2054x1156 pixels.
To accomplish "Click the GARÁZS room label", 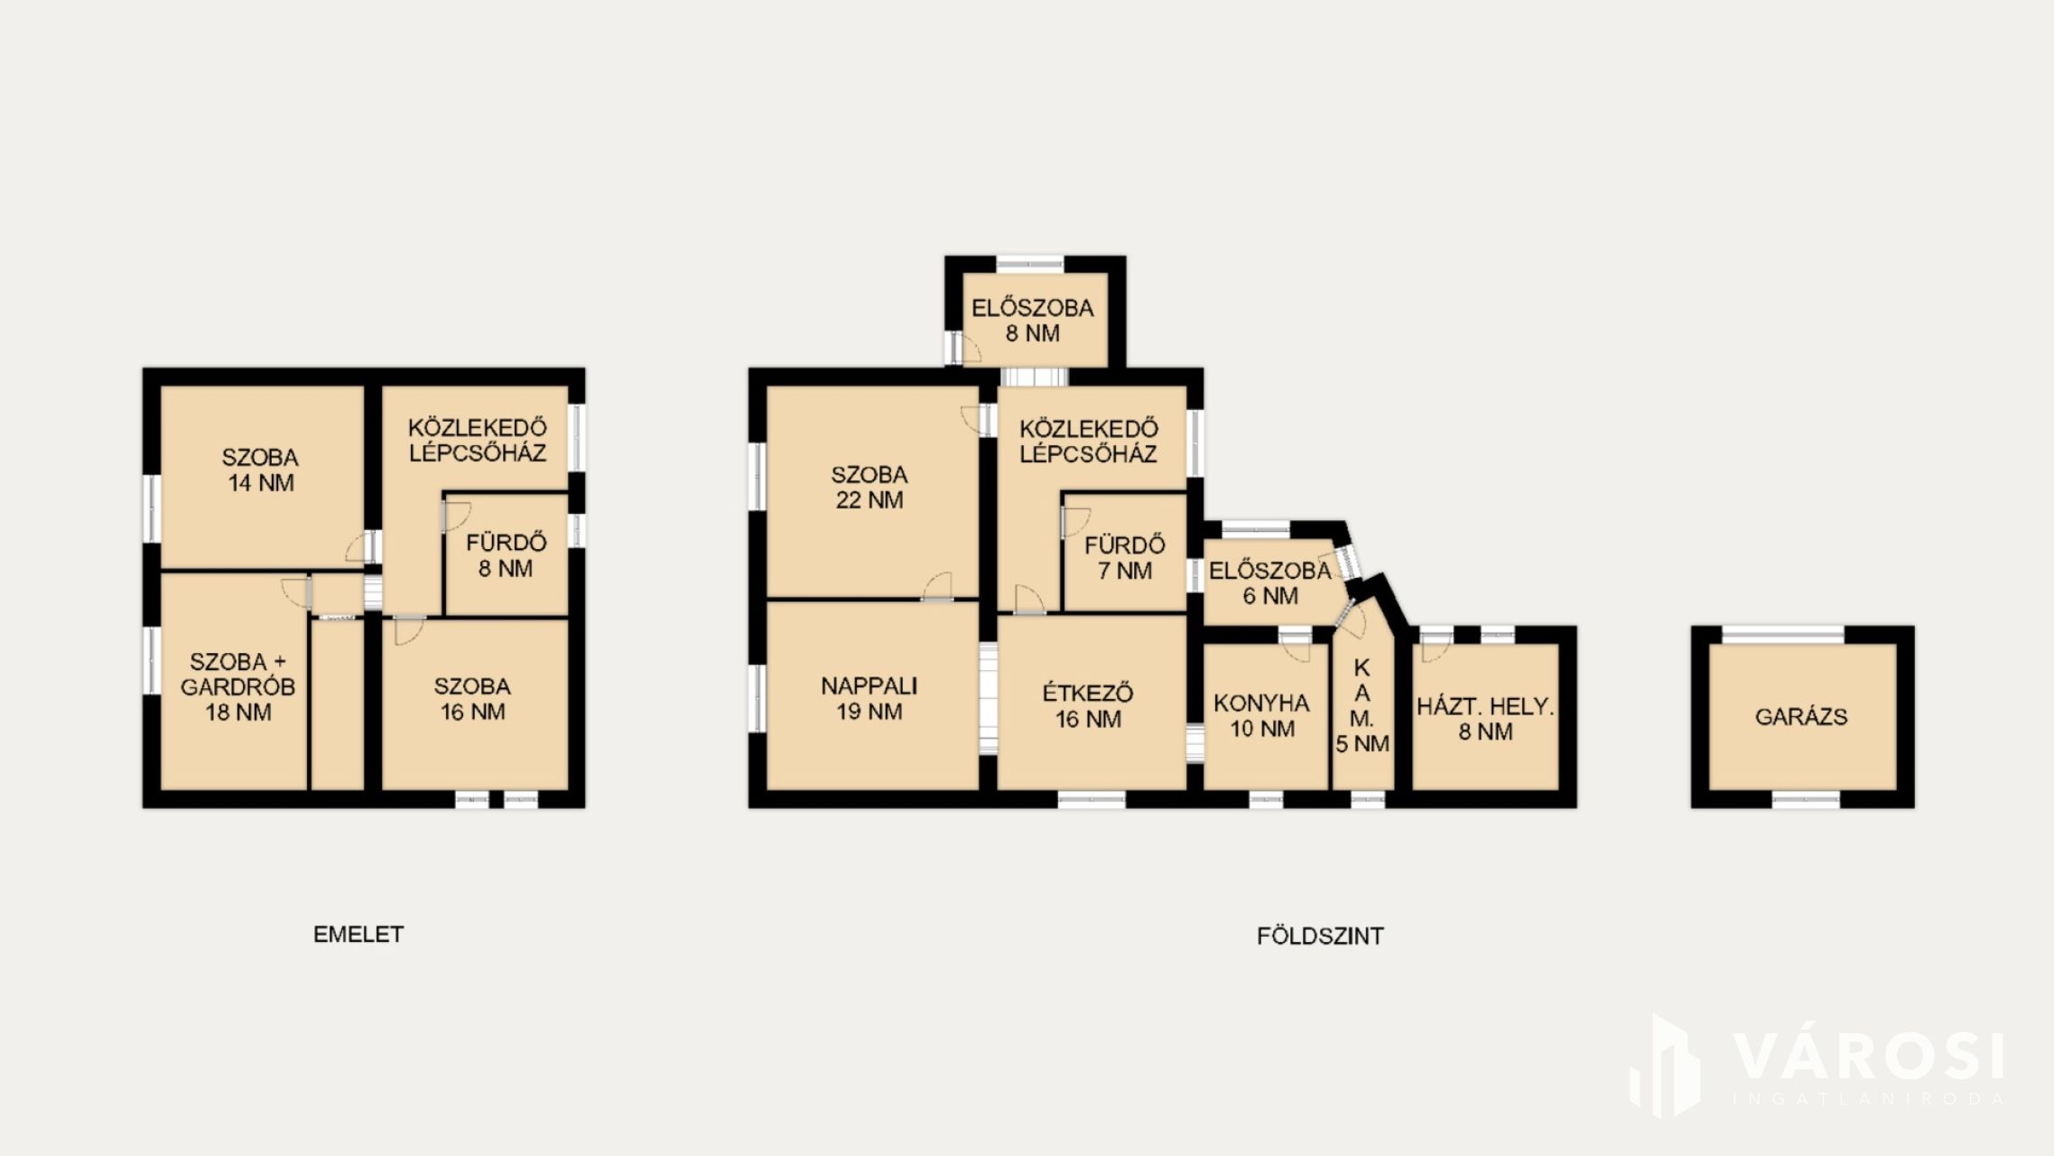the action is [x=1801, y=717].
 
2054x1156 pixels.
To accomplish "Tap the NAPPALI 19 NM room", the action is [x=872, y=695].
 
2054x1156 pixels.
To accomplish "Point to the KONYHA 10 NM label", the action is [x=1262, y=716].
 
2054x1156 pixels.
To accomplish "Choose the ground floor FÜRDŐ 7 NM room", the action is [x=1125, y=554].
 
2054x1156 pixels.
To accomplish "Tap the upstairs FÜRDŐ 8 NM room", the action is [x=507, y=555].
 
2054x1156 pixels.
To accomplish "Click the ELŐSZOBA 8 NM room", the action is [x=1035, y=319].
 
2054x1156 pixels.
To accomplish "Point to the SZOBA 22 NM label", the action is [x=869, y=488].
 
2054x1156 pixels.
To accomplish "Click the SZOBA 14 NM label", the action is [x=261, y=471].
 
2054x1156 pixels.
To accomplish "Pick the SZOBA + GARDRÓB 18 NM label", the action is [x=237, y=687].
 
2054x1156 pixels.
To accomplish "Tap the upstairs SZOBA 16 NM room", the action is [x=475, y=704].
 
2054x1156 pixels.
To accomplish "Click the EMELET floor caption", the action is [x=358, y=935].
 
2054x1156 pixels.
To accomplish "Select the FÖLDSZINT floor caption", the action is [x=1320, y=937].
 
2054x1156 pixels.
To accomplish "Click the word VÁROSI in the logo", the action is [x=1868, y=1057].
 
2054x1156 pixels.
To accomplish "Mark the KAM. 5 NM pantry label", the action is [x=1362, y=706].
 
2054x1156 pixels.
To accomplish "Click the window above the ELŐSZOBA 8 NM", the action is [x=1030, y=264].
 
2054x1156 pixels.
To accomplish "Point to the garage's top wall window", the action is [x=1783, y=634].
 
